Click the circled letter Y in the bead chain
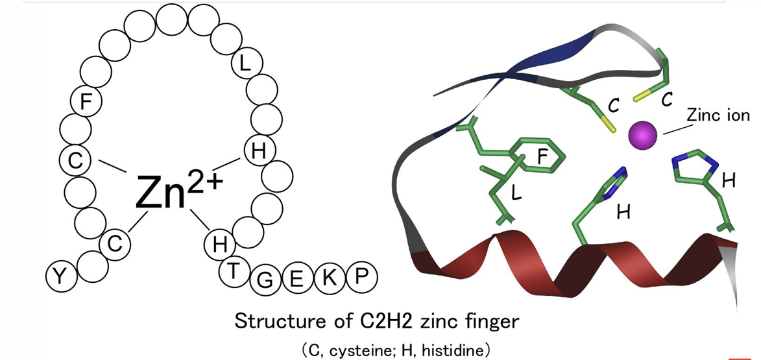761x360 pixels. pyautogui.click(x=60, y=277)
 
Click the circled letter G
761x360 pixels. pyautogui.click(x=265, y=280)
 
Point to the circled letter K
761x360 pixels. pyautogui.click(x=329, y=278)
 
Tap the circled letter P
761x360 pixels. pyautogui.click(x=361, y=278)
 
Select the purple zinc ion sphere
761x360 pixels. pyautogui.click(x=642, y=135)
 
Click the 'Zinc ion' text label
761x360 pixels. pyautogui.click(x=718, y=116)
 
